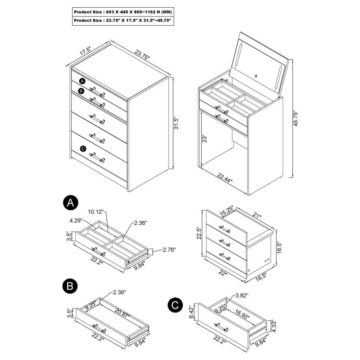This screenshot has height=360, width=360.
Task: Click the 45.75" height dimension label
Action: (x=296, y=118)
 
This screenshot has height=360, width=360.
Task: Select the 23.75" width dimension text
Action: (x=142, y=54)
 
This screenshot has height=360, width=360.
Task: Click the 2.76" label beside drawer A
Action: (x=169, y=250)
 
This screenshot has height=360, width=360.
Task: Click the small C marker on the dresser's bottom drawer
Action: (x=83, y=149)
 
